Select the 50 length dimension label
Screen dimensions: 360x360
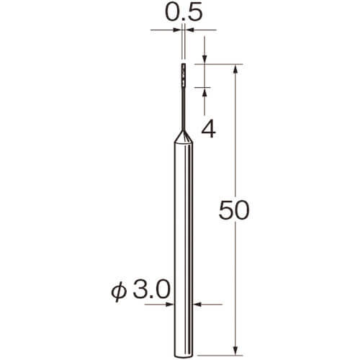(234, 210)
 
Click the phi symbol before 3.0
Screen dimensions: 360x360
(119, 292)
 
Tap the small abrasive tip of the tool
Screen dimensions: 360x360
(184, 75)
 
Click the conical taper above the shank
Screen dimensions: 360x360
(184, 137)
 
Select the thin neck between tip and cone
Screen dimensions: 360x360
(184, 109)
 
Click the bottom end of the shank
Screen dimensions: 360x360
(184, 356)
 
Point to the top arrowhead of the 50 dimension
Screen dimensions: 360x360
(235, 69)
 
